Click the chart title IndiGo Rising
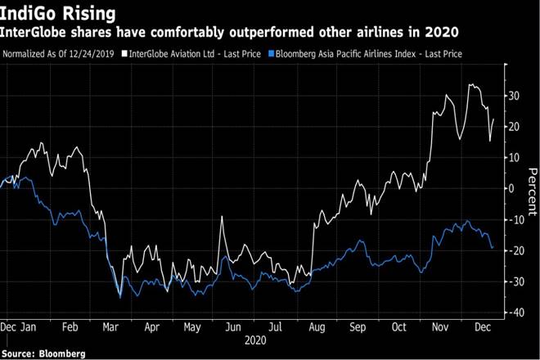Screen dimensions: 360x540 click(x=57, y=13)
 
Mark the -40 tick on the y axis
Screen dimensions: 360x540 click(x=516, y=313)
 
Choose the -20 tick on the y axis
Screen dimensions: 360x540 click(x=516, y=250)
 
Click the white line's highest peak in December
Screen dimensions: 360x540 click(x=470, y=84)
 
